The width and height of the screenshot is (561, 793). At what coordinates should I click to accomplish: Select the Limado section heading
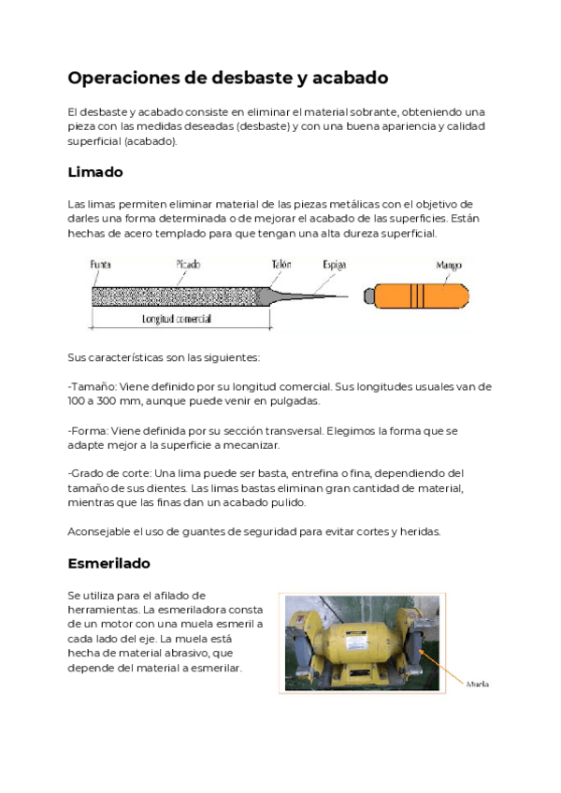[95, 173]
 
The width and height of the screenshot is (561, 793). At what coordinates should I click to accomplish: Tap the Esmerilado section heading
[108, 564]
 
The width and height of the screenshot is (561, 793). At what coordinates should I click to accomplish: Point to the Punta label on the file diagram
[100, 265]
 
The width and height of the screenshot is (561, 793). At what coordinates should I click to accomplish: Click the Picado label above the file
[188, 265]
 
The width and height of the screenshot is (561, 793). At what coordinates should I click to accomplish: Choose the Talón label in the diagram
[280, 265]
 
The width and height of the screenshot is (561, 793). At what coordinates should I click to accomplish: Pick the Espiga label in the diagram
[334, 265]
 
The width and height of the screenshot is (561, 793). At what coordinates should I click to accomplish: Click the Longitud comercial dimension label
[176, 319]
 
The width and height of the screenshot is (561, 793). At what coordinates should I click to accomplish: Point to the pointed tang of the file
[318, 296]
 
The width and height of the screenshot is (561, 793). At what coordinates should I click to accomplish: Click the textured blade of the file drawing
[178, 296]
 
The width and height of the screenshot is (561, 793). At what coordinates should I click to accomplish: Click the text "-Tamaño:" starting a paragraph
[91, 385]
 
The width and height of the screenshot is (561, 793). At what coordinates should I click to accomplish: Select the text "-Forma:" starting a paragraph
[88, 430]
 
